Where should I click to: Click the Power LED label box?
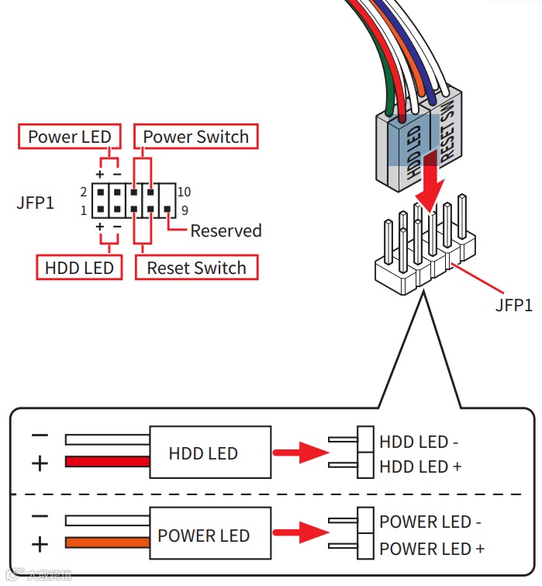70,137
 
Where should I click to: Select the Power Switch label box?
195,137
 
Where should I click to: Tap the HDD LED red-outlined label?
79,269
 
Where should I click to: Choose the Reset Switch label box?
196,269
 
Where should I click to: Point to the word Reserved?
226,231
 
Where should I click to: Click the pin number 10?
184,192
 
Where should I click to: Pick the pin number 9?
185,210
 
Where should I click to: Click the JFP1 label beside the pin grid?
36,203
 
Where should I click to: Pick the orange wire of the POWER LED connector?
107,542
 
